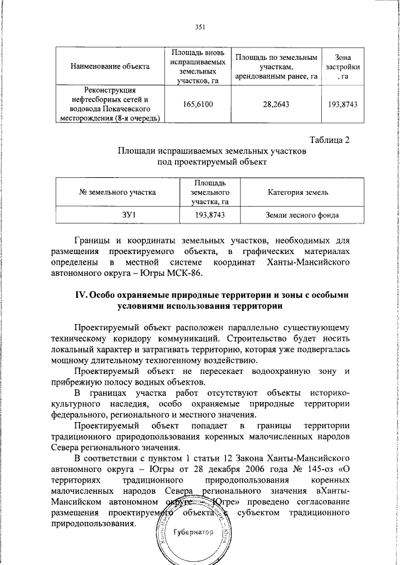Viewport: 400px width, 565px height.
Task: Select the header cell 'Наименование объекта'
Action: point(109,65)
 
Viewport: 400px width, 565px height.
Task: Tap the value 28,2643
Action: point(276,104)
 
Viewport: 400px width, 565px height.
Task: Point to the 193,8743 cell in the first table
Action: point(342,104)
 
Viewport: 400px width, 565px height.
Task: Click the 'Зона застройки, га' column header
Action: point(342,65)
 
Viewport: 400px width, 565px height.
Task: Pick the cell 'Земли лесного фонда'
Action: point(302,215)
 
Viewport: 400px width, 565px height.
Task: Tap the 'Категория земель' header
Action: point(302,192)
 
